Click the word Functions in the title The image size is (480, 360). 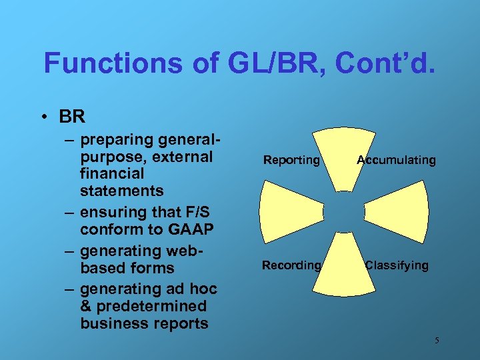(104, 63)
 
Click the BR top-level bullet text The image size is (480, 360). (72, 117)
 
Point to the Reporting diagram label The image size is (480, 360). (291, 160)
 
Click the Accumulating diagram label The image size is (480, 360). (396, 160)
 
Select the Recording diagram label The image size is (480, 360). (291, 265)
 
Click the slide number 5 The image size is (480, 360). (437, 341)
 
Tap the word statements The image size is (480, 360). (121, 191)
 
